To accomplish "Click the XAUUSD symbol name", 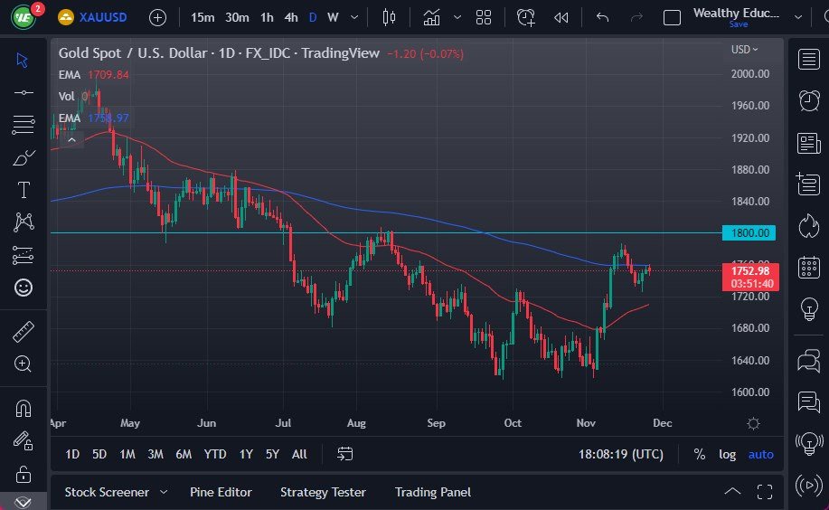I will click(104, 17).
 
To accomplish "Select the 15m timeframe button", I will click(203, 17).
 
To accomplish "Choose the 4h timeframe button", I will click(290, 17).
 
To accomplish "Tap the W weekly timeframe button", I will click(333, 17).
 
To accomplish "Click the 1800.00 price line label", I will click(749, 233).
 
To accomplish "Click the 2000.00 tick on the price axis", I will click(751, 74).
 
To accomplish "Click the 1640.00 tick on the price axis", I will click(751, 360).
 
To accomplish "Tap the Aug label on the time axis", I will click(356, 423).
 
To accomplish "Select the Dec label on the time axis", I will click(662, 423).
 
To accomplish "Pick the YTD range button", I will click(215, 454).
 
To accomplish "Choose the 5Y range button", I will click(272, 454).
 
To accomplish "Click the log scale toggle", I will click(727, 454).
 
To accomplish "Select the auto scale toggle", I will click(760, 454).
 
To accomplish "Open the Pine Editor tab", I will click(221, 492).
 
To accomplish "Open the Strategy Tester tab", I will click(323, 492).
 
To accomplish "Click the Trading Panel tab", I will click(433, 492).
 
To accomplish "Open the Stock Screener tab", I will click(107, 492).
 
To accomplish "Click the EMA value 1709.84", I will click(107, 74).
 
